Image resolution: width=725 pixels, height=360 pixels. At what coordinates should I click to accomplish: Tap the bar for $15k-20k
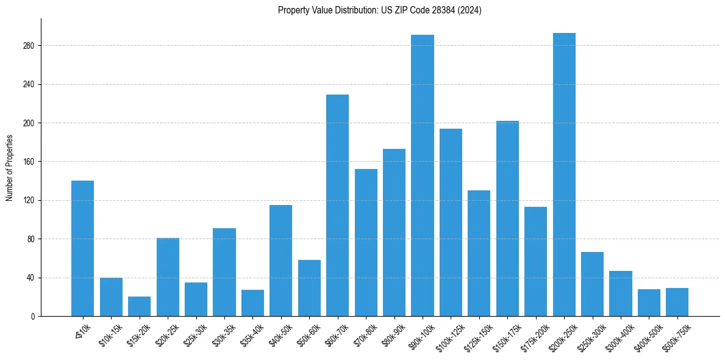coord(139,306)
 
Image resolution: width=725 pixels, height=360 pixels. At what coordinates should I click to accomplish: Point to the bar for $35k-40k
coord(252,303)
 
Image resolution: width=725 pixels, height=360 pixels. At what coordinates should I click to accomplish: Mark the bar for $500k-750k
coord(677,302)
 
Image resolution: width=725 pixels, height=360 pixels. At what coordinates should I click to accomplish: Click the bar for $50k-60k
coord(309,288)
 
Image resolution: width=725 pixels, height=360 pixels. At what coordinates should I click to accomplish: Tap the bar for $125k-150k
coord(479,253)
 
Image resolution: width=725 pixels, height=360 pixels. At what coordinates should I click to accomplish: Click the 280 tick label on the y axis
coord(29,46)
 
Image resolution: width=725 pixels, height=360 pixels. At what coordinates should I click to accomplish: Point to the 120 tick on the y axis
coord(29,200)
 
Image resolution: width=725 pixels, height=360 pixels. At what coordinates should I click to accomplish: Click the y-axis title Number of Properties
coord(9,167)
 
